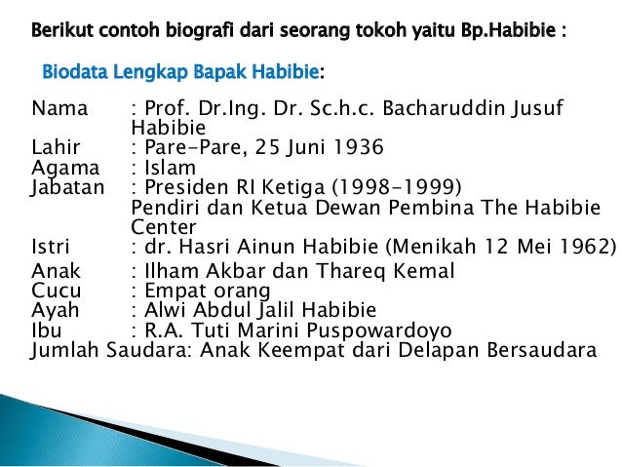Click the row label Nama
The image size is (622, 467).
(59, 107)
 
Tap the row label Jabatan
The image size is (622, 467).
(67, 188)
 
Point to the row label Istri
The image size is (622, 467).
(51, 247)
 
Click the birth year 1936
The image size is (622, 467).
(355, 148)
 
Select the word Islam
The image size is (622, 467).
(169, 169)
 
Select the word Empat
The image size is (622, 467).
(172, 291)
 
